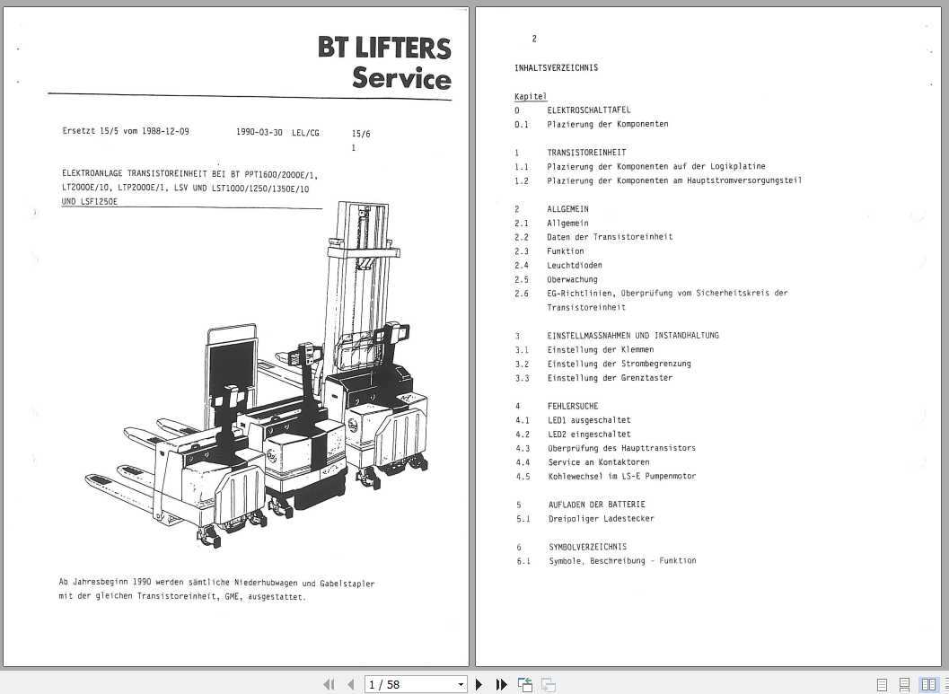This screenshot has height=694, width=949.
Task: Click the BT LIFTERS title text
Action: (x=384, y=47)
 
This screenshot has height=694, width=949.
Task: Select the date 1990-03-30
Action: (x=259, y=132)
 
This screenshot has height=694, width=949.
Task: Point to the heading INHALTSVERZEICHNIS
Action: (x=556, y=67)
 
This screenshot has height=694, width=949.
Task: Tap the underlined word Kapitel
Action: (x=530, y=96)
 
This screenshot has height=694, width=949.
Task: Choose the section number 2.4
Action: (x=522, y=265)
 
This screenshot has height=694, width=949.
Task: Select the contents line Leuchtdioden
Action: (x=575, y=265)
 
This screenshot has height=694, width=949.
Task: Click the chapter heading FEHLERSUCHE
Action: (x=572, y=406)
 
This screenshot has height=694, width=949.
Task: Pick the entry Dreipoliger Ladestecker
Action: (x=602, y=518)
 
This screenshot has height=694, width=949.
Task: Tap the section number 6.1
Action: (x=523, y=560)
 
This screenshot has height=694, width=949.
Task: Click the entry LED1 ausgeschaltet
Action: (x=589, y=420)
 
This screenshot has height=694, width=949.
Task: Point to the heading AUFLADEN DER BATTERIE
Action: (x=597, y=505)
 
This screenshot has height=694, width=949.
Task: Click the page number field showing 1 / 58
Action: (x=416, y=684)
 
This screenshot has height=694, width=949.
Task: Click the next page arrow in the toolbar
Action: (x=479, y=684)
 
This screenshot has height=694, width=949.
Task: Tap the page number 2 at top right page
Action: (x=533, y=39)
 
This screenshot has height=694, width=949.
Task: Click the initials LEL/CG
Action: (x=305, y=132)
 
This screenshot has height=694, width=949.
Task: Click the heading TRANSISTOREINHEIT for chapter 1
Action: (x=586, y=153)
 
